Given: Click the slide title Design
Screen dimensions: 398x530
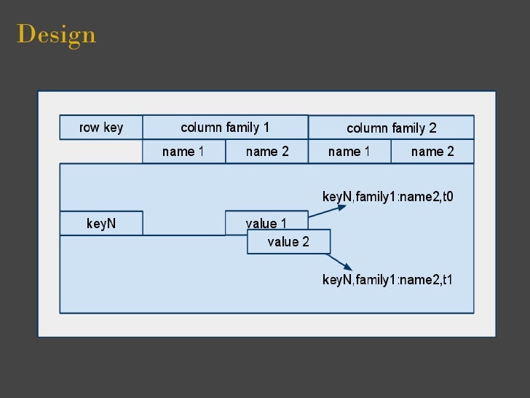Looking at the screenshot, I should point(56,34).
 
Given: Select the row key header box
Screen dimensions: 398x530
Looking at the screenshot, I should point(101,128).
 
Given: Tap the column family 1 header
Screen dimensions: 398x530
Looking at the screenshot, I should point(225,128).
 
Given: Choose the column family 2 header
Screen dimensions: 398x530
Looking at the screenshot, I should point(391,128).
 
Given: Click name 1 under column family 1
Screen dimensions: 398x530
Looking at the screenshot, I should point(183,152).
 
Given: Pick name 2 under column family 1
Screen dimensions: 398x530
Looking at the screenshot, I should point(267,152).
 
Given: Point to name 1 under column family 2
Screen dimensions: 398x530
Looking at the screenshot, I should point(349,152).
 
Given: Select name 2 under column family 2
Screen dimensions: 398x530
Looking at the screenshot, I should point(432,152).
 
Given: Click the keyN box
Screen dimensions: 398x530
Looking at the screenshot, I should point(101,224).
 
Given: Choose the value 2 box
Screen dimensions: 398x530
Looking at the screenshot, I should point(288,242).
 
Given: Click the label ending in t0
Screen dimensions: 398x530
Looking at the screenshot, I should point(388,196).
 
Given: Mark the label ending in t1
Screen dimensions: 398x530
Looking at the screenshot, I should point(388,280).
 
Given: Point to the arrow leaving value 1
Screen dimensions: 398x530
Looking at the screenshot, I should point(328,211).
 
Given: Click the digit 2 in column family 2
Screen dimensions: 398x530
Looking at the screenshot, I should point(432,128).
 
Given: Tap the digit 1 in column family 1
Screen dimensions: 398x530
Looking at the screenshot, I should point(266,128).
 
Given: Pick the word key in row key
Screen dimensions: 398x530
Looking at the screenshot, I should point(113,128).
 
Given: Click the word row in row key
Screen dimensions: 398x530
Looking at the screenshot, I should point(89,128).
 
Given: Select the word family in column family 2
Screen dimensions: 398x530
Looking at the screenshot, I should point(409,128).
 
